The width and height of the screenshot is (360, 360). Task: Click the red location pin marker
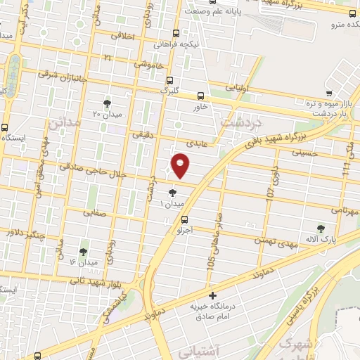(181, 166)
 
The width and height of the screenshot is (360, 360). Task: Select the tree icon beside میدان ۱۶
(83, 251)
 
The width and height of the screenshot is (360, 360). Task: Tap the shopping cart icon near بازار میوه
(328, 93)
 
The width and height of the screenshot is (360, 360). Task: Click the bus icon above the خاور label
(201, 96)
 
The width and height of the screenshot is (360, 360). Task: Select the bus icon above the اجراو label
(185, 219)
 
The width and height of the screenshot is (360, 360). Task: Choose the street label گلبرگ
(169, 91)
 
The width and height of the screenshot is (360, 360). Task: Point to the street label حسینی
(309, 151)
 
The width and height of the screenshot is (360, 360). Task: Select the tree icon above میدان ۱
(173, 191)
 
